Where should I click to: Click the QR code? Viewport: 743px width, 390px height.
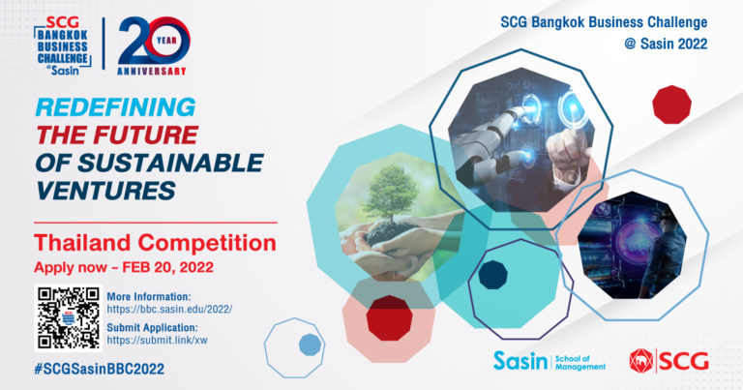coord(69,318)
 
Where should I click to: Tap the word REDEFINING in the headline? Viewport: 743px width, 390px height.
coord(115,106)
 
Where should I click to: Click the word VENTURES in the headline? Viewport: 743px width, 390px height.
coord(105,191)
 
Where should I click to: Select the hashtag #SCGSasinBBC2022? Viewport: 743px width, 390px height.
coord(99,369)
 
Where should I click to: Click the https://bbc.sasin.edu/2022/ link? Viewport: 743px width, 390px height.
coord(169,310)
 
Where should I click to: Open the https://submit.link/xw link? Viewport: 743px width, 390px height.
coord(157,341)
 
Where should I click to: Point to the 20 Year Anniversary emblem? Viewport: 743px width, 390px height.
coord(154,45)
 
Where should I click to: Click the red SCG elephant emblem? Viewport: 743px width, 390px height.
coord(641,361)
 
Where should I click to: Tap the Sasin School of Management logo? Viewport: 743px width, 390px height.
coord(550,362)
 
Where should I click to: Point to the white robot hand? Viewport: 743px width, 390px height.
coord(492,142)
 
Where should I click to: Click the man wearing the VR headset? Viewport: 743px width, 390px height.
coord(665,255)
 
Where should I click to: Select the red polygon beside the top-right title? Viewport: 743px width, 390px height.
coord(671,105)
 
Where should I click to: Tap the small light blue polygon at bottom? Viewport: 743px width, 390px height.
coord(310,345)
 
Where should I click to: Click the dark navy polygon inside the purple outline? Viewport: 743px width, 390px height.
coord(492,275)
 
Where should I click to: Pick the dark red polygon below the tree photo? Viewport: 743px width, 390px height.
coord(390,318)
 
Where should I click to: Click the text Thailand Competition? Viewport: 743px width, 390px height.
coord(155,243)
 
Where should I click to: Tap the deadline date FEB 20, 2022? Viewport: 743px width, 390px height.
coord(167,267)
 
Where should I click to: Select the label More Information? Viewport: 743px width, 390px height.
coord(149,297)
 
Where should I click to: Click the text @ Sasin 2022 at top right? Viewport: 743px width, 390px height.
coord(666,44)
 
